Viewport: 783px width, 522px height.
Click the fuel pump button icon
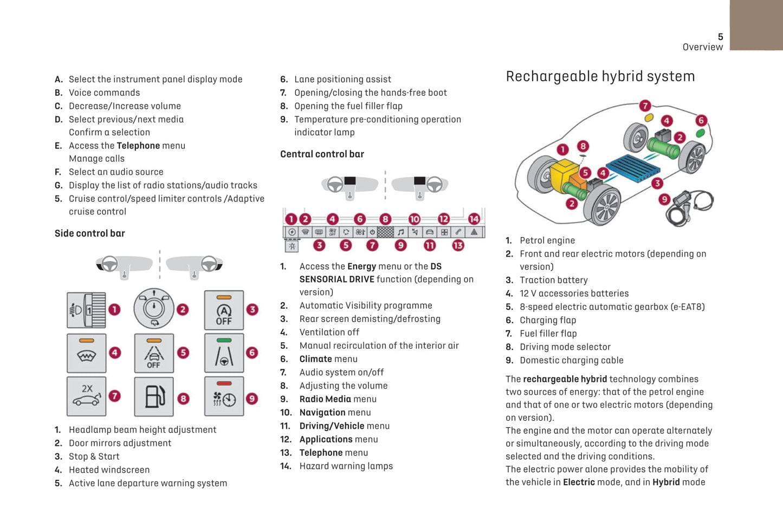[x=154, y=396]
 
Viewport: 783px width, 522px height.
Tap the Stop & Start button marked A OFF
[x=224, y=310]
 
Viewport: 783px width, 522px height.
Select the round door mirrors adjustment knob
[x=154, y=309]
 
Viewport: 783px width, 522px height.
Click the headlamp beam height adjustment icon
[x=86, y=310]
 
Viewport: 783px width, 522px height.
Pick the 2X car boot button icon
[x=87, y=396]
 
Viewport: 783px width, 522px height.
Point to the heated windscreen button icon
[x=87, y=354]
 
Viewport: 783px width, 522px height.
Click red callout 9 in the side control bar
[x=252, y=399]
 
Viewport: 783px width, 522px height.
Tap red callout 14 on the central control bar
[x=474, y=219]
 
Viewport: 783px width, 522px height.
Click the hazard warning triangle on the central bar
[x=474, y=232]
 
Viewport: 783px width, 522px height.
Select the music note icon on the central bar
[x=400, y=232]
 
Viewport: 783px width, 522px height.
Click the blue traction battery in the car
[x=632, y=167]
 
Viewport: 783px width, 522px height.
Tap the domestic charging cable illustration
[x=691, y=206]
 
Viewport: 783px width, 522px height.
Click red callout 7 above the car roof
[x=645, y=106]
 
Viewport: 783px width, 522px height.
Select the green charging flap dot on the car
[x=700, y=133]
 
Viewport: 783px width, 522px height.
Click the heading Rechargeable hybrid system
[x=600, y=76]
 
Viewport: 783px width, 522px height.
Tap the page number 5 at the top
[x=720, y=37]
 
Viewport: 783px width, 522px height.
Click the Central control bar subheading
[x=322, y=154]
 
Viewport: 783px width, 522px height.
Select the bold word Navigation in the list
[x=322, y=413]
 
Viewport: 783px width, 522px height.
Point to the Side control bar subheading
[x=89, y=233]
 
